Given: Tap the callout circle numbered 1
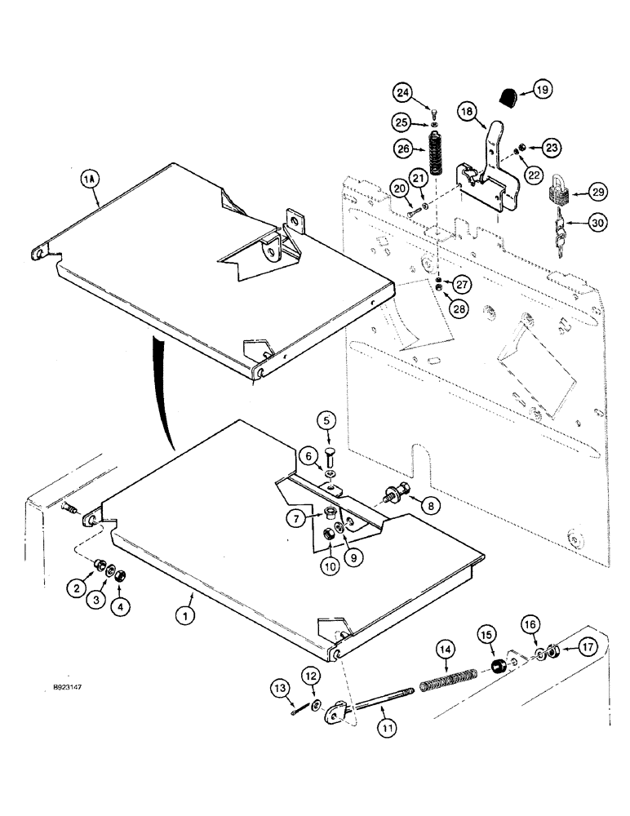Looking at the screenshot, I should click(x=187, y=619).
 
